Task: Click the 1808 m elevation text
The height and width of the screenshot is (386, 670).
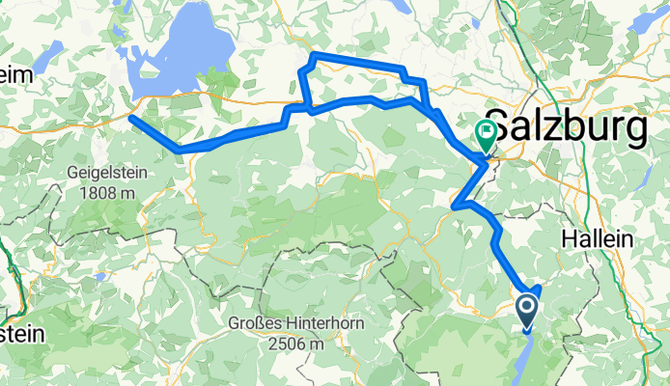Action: [108, 193]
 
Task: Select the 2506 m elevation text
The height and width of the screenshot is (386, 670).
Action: [296, 344]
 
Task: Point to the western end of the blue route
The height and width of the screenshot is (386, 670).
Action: [131, 118]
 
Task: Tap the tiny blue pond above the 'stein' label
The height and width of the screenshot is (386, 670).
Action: [99, 278]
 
